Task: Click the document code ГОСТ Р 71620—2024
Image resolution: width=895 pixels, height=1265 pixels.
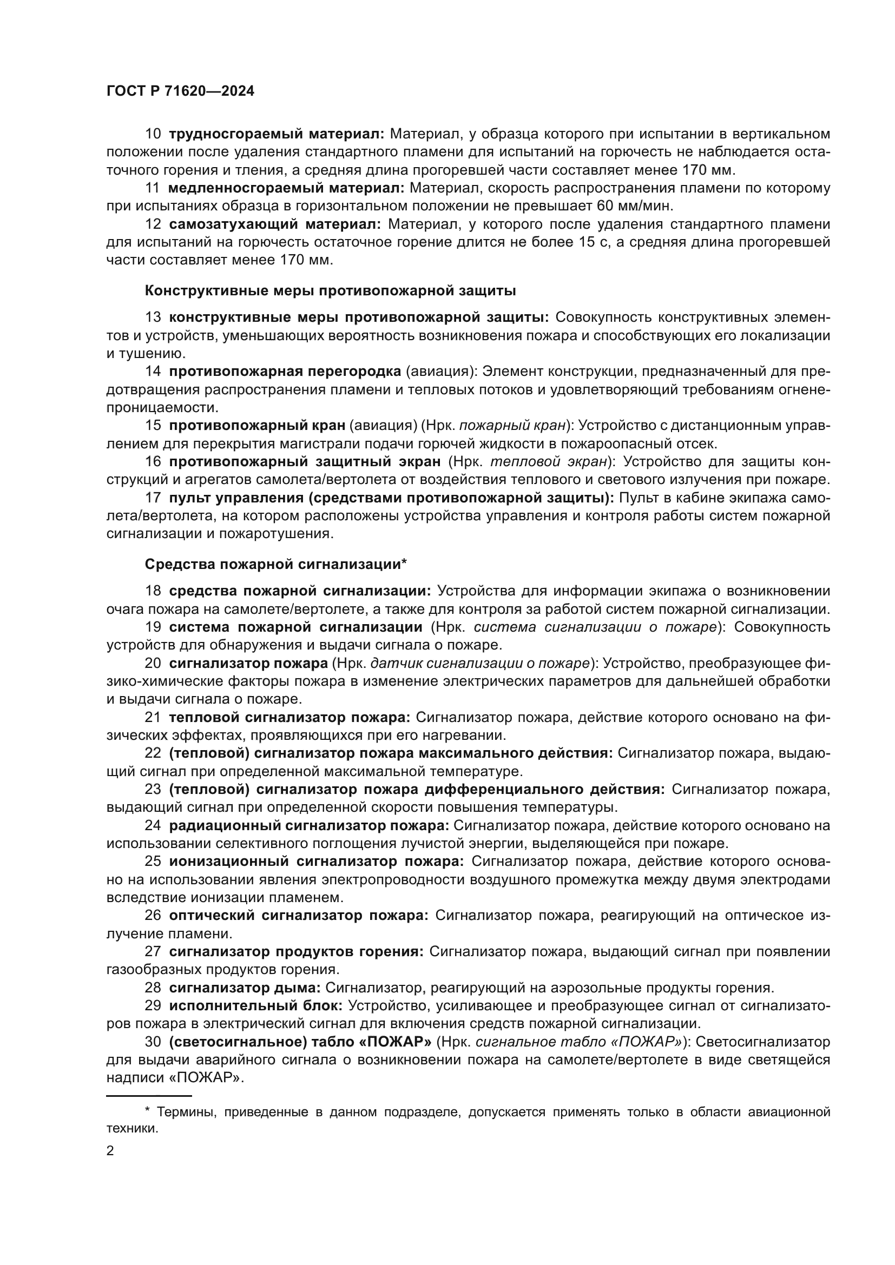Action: click(x=180, y=91)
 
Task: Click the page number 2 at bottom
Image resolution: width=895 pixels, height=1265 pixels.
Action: click(x=110, y=1150)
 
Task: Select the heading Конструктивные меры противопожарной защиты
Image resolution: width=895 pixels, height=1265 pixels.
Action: click(x=330, y=290)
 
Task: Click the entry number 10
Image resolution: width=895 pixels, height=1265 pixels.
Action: click(x=153, y=134)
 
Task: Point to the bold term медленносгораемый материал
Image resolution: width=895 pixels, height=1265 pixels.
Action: click(x=286, y=188)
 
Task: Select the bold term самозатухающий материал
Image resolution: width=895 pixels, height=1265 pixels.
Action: click(x=275, y=224)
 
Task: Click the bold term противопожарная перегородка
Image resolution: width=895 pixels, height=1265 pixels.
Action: click(x=285, y=372)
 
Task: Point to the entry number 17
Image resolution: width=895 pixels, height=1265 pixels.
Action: click(x=153, y=498)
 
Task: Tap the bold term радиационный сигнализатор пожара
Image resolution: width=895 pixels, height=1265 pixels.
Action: click(x=308, y=825)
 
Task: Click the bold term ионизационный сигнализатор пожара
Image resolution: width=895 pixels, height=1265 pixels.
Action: click(x=317, y=861)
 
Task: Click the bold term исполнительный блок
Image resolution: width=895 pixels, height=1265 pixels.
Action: click(x=256, y=1005)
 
